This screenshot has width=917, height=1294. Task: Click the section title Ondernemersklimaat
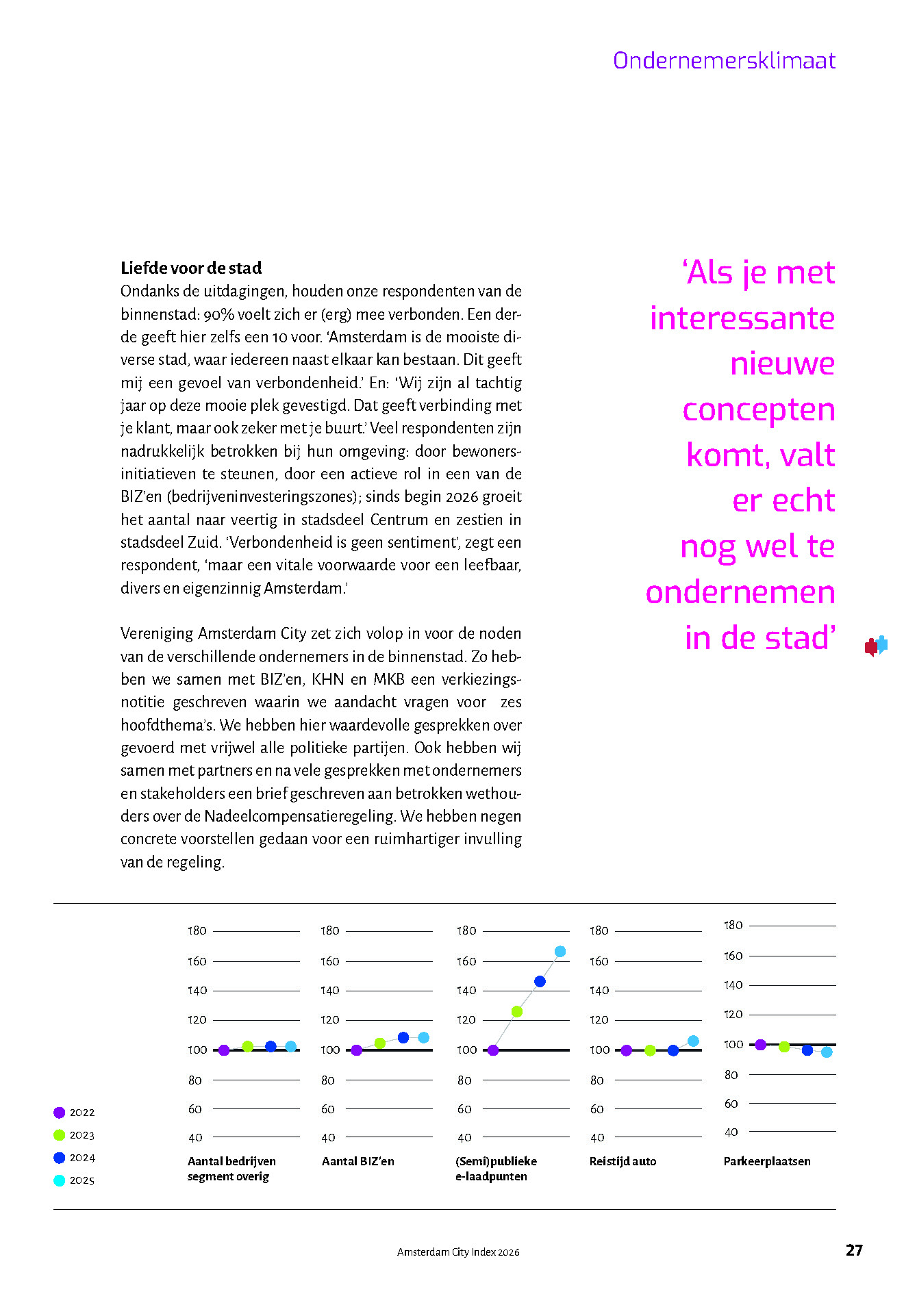[x=724, y=61]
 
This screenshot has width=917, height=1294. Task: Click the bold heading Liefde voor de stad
[x=191, y=268]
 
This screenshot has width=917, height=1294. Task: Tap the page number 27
[x=854, y=1250]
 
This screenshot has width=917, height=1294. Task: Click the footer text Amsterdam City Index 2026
[x=458, y=1252]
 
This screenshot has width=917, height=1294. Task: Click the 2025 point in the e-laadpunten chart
[x=560, y=952]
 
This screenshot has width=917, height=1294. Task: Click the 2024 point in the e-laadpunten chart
[x=540, y=981]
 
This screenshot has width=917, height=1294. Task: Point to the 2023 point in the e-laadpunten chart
[x=517, y=1011]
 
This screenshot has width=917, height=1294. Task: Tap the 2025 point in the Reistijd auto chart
[x=693, y=1041]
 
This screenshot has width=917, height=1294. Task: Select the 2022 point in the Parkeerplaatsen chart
[x=760, y=1044]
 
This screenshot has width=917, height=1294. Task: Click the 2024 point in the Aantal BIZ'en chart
[x=403, y=1038]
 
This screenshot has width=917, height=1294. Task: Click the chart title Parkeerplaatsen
[x=767, y=1161]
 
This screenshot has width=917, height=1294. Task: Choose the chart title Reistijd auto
[x=623, y=1161]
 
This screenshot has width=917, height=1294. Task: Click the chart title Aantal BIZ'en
[x=358, y=1161]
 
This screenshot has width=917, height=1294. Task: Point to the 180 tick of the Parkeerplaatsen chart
[x=733, y=926]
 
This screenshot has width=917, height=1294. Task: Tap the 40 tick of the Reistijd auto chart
[x=597, y=1138]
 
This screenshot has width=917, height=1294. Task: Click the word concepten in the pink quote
[x=759, y=410]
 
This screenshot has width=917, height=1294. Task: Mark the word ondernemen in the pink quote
[x=740, y=592]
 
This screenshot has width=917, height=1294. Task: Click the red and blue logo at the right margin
[x=876, y=646]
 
